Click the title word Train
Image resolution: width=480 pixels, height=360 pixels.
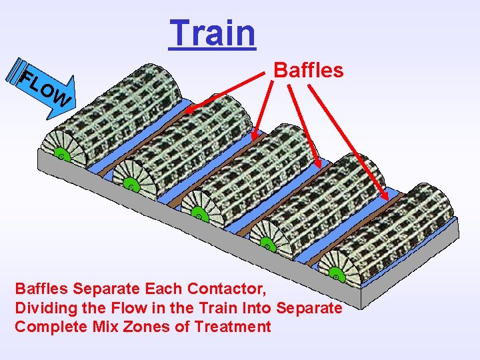pos(212,33)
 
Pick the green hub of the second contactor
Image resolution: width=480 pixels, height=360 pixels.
pos(131,186)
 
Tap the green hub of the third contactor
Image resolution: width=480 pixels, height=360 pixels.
pos(197,213)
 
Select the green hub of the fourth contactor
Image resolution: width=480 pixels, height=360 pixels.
pos(267,245)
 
